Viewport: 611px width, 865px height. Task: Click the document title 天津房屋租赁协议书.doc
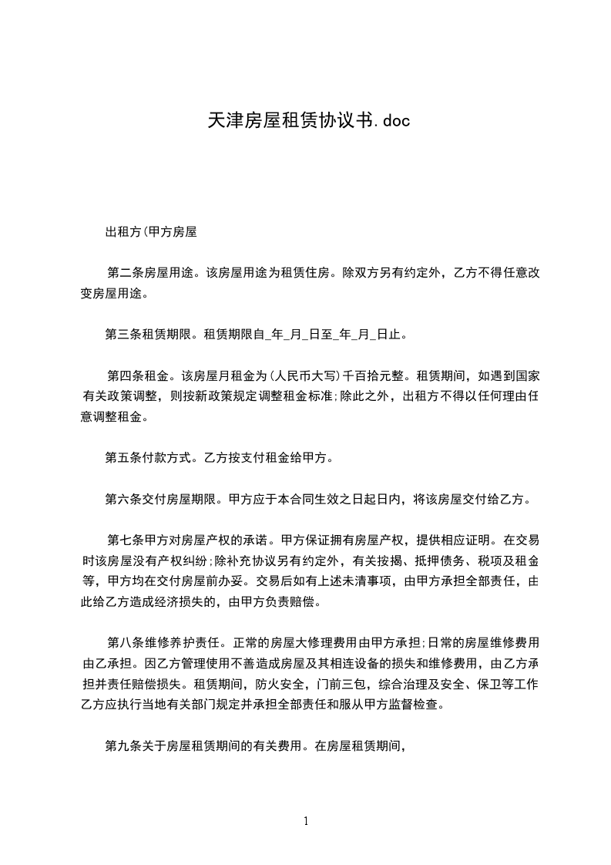[305, 120]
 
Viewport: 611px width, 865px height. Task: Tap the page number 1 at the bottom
[306, 821]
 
